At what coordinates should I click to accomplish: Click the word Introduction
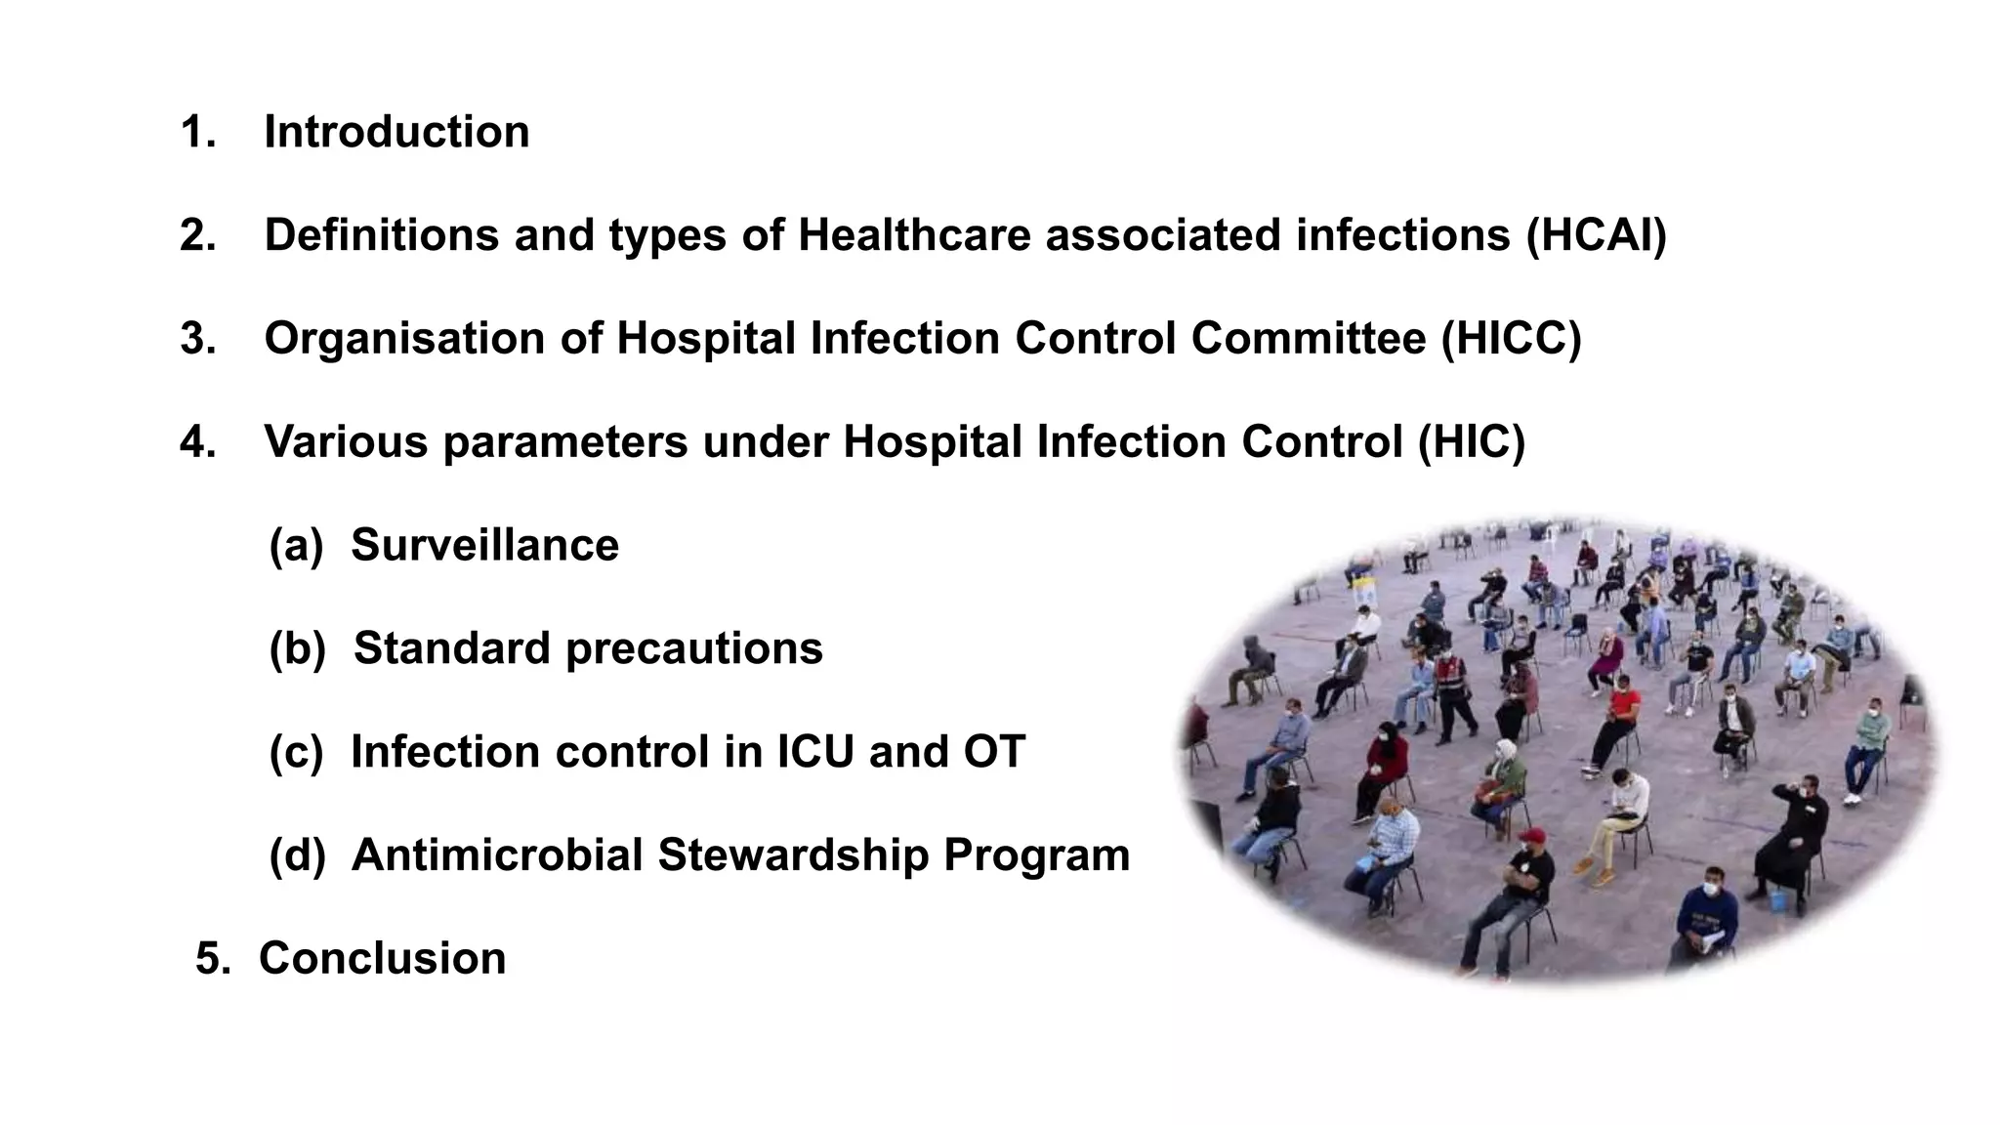pyautogui.click(x=396, y=132)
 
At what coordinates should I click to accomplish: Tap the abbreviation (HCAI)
pyautogui.click(x=1597, y=235)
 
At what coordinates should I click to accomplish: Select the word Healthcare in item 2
pyautogui.click(x=914, y=235)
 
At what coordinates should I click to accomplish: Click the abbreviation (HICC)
pyautogui.click(x=1511, y=339)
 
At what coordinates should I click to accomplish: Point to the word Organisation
pyautogui.click(x=404, y=339)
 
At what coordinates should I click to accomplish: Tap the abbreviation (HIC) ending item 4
pyautogui.click(x=1471, y=442)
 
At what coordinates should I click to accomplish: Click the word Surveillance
pyautogui.click(x=484, y=545)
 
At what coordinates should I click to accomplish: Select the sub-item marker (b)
pyautogui.click(x=297, y=648)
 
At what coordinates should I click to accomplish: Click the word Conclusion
pyautogui.click(x=382, y=958)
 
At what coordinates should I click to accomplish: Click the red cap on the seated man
pyautogui.click(x=1532, y=836)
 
